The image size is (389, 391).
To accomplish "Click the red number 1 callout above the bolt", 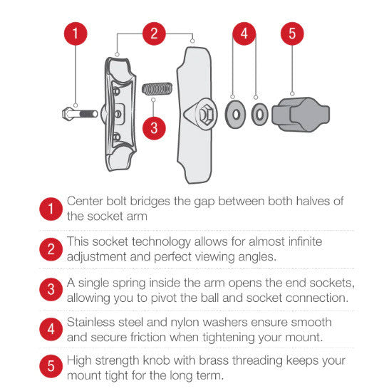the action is pos(76,33).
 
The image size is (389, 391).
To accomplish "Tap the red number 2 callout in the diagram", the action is pos(154,33).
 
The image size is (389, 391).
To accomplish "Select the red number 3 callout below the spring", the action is pos(154,128).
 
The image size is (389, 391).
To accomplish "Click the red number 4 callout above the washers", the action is pos(244,33).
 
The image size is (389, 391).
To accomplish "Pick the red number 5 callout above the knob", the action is pos(292,33).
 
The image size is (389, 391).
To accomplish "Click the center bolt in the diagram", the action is pos(80,114).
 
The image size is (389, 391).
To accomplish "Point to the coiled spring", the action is pos(157,89).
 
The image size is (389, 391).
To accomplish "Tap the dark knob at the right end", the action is pos(301,115).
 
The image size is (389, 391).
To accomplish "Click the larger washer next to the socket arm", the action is pos(235,115).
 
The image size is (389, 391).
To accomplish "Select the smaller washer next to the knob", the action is pos(259,115).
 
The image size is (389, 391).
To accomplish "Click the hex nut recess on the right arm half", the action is pos(206,114).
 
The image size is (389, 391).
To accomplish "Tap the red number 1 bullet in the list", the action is pos(51,209).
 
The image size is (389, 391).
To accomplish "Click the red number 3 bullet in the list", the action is pos(51,289).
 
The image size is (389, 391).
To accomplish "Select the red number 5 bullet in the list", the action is pos(51,366).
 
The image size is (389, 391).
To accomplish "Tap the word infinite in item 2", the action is pos(305,241).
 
